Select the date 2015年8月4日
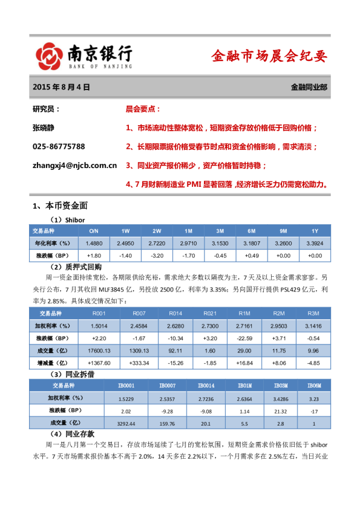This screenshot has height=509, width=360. coord(61,88)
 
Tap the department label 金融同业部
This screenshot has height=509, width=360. coord(309,88)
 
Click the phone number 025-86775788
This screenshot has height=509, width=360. coord(58,147)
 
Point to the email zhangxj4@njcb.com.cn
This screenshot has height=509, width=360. coord(74,164)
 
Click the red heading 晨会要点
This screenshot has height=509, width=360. coord(143,109)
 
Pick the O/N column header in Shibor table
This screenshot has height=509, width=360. coord(94,231)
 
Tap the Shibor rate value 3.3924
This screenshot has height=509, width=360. coord(315,243)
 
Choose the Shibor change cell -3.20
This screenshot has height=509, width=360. coord(157,256)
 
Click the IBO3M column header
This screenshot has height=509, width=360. coord(280,386)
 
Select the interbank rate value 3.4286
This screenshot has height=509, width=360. coord(280,398)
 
